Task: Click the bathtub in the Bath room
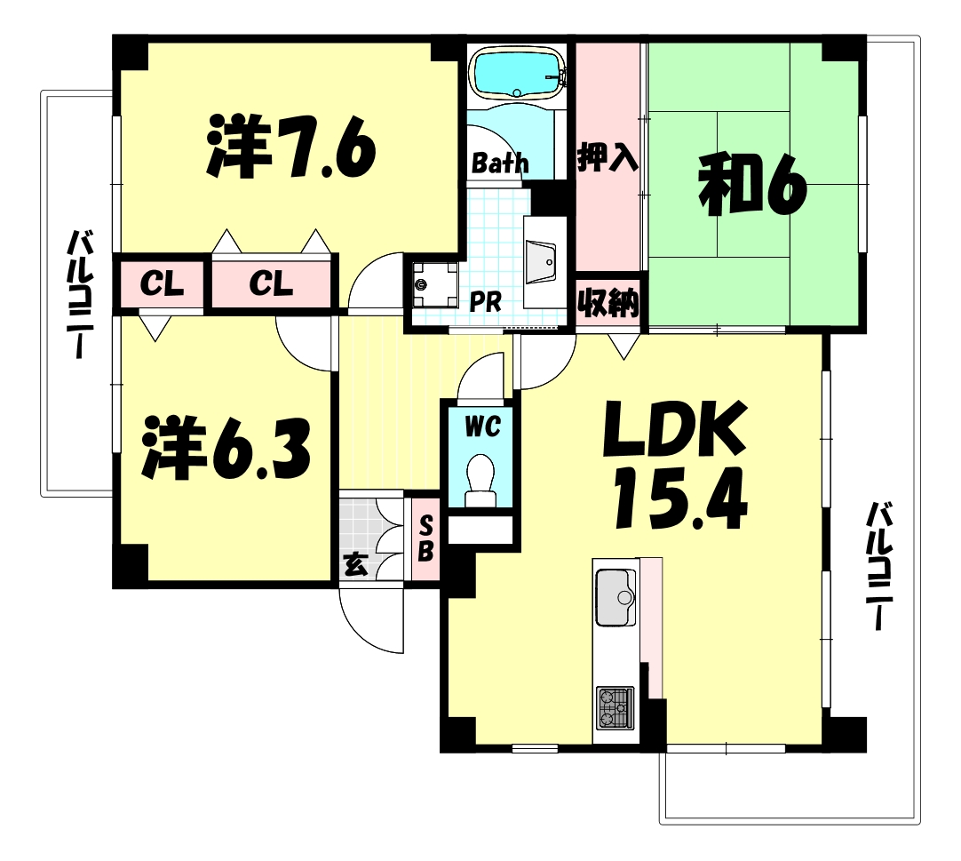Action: coord(517,72)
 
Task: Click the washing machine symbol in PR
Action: coord(433,283)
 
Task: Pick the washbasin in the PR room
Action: coord(541,259)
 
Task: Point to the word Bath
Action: coord(500,163)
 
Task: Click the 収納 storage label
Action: coord(608,304)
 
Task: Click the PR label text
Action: coord(485,302)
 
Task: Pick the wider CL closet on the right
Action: coord(271,284)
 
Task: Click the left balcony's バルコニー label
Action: coord(81,293)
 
